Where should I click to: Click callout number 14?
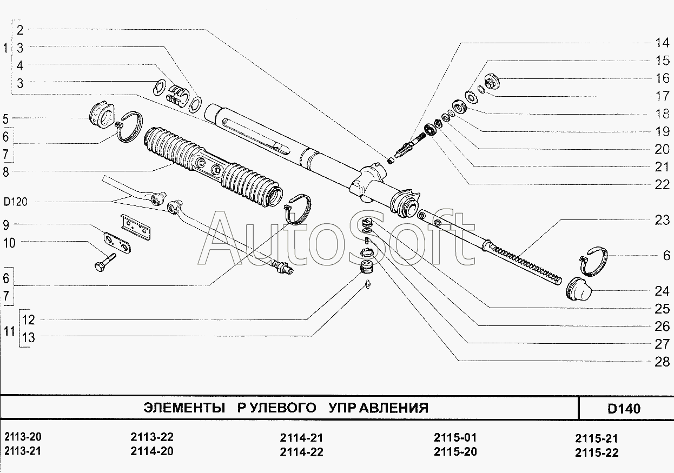tap(662, 43)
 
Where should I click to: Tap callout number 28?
tap(662, 362)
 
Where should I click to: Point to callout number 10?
tap(9, 243)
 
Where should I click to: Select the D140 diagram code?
tap(624, 409)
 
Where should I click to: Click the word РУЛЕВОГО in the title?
tap(276, 408)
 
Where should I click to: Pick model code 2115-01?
tap(455, 437)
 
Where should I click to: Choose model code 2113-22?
tap(152, 437)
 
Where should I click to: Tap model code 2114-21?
tap(301, 437)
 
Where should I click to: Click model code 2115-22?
tap(597, 452)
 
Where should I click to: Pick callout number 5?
tap(5, 118)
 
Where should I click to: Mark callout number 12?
tap(29, 319)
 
